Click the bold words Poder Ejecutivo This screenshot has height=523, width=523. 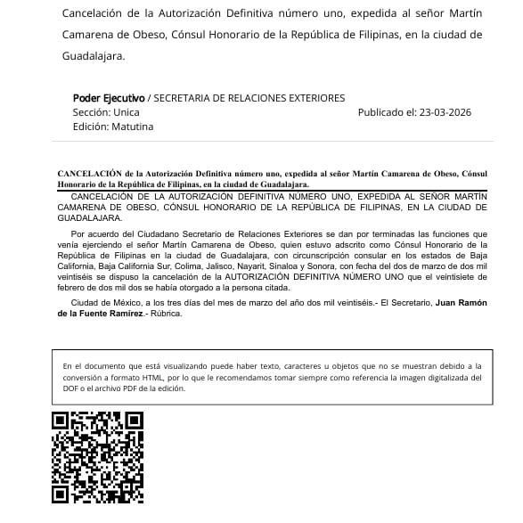point(109,98)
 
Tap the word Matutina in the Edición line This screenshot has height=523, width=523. point(133,127)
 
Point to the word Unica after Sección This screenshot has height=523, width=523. point(127,112)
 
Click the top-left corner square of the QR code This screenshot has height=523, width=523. point(61,421)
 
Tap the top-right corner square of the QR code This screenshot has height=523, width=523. point(135,421)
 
